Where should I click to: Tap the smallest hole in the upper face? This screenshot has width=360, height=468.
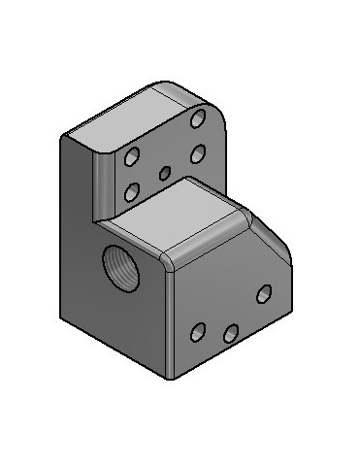[x=164, y=173]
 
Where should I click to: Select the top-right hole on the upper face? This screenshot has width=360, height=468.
[x=199, y=118]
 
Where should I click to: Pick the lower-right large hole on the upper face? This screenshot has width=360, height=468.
[x=198, y=152]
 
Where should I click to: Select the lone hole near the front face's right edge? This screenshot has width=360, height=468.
[x=263, y=293]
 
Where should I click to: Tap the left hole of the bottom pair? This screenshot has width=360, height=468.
[x=198, y=333]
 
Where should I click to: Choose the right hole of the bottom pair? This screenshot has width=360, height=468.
[x=231, y=334]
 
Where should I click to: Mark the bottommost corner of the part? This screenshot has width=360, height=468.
[x=172, y=377]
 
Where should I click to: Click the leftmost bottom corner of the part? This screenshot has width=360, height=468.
[x=62, y=316]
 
